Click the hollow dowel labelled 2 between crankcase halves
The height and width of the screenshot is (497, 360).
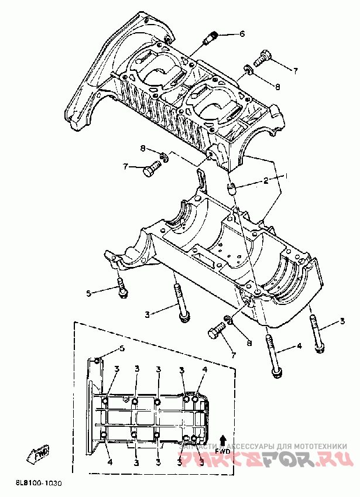point(231,187)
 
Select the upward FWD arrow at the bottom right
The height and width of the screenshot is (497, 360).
point(222,440)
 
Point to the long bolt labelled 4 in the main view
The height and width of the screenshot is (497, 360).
point(272,355)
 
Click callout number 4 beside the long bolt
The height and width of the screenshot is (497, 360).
point(299,346)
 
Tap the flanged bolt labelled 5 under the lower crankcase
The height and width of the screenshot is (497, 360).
point(122,288)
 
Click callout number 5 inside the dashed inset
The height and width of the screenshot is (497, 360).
point(122,349)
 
